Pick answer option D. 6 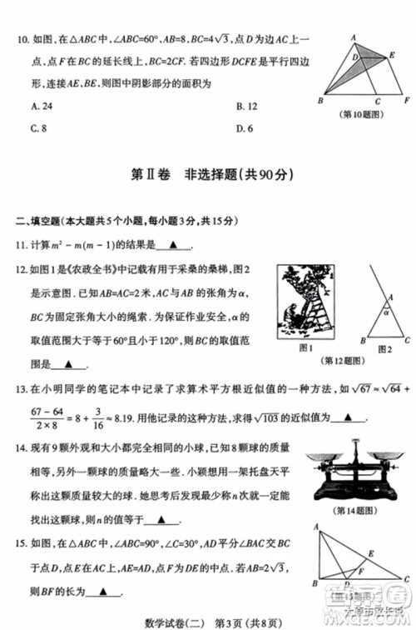(x=244, y=128)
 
